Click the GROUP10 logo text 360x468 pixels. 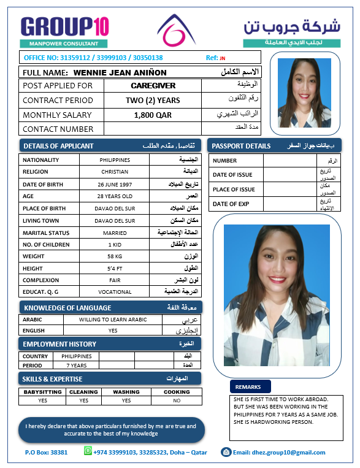pyautogui.click(x=64, y=26)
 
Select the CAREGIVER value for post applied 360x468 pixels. pyautogui.click(x=153, y=86)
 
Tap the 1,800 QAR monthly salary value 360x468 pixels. pyautogui.click(x=153, y=115)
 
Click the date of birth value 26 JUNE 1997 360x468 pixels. pyautogui.click(x=115, y=184)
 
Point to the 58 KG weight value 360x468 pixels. pyautogui.click(x=115, y=256)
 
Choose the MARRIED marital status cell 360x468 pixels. pyautogui.click(x=115, y=233)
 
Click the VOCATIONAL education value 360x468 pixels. pyautogui.click(x=115, y=291)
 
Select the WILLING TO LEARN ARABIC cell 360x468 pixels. pyautogui.click(x=113, y=320)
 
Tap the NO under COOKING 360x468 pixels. pyautogui.click(x=177, y=401)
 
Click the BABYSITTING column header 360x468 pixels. pyautogui.click(x=42, y=392)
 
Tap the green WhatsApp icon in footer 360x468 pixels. pyautogui.click(x=89, y=452)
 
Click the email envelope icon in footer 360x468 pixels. pyautogui.click(x=226, y=452)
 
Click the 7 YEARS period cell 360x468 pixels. pyautogui.click(x=77, y=365)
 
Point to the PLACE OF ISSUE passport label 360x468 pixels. pyautogui.click(x=234, y=190)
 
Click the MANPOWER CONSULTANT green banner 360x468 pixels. pyautogui.click(x=64, y=44)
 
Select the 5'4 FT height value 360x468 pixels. pyautogui.click(x=115, y=268)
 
